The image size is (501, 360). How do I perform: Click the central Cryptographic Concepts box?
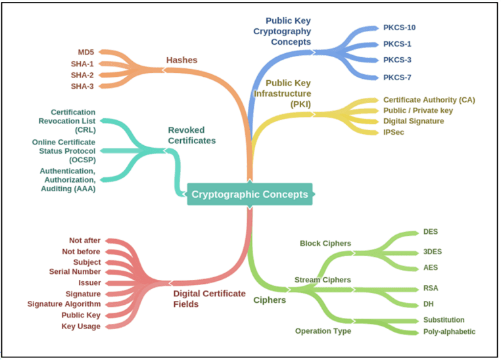click(x=249, y=194)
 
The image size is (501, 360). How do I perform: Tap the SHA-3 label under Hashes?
click(x=82, y=86)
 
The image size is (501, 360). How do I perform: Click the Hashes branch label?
click(x=181, y=60)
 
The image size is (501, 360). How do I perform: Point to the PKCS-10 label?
click(x=399, y=28)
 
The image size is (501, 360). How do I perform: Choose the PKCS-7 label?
click(x=397, y=78)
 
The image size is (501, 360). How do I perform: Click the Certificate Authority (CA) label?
click(x=429, y=100)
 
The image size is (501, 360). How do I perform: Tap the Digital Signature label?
click(x=414, y=121)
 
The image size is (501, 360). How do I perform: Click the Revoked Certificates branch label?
click(x=191, y=135)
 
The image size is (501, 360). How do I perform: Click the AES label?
click(x=431, y=268)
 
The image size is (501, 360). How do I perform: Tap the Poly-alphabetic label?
click(x=449, y=332)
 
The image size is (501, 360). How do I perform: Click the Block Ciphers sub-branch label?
click(x=325, y=243)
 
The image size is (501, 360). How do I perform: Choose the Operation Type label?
click(x=323, y=330)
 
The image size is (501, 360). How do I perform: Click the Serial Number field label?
click(x=75, y=271)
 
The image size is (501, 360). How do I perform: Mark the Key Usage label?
click(x=81, y=326)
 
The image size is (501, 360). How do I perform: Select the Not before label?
click(x=82, y=252)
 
